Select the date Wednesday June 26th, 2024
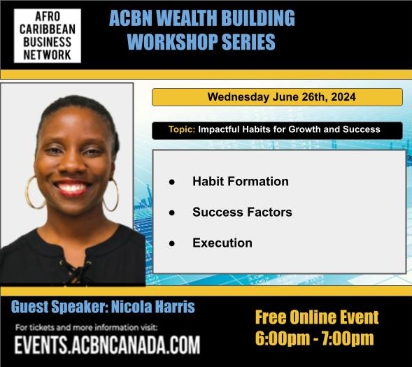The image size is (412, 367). click(x=277, y=97)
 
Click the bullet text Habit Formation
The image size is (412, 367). click(x=240, y=181)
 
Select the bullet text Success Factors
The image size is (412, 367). click(x=242, y=212)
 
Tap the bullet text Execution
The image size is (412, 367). click(x=222, y=243)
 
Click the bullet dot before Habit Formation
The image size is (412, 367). click(x=171, y=182)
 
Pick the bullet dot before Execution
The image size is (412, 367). click(x=171, y=243)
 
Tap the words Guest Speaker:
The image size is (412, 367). click(x=66, y=307)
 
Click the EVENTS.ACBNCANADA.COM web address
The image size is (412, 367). click(x=107, y=345)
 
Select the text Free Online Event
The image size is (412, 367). click(x=317, y=318)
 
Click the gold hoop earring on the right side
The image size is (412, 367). click(x=111, y=195)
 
